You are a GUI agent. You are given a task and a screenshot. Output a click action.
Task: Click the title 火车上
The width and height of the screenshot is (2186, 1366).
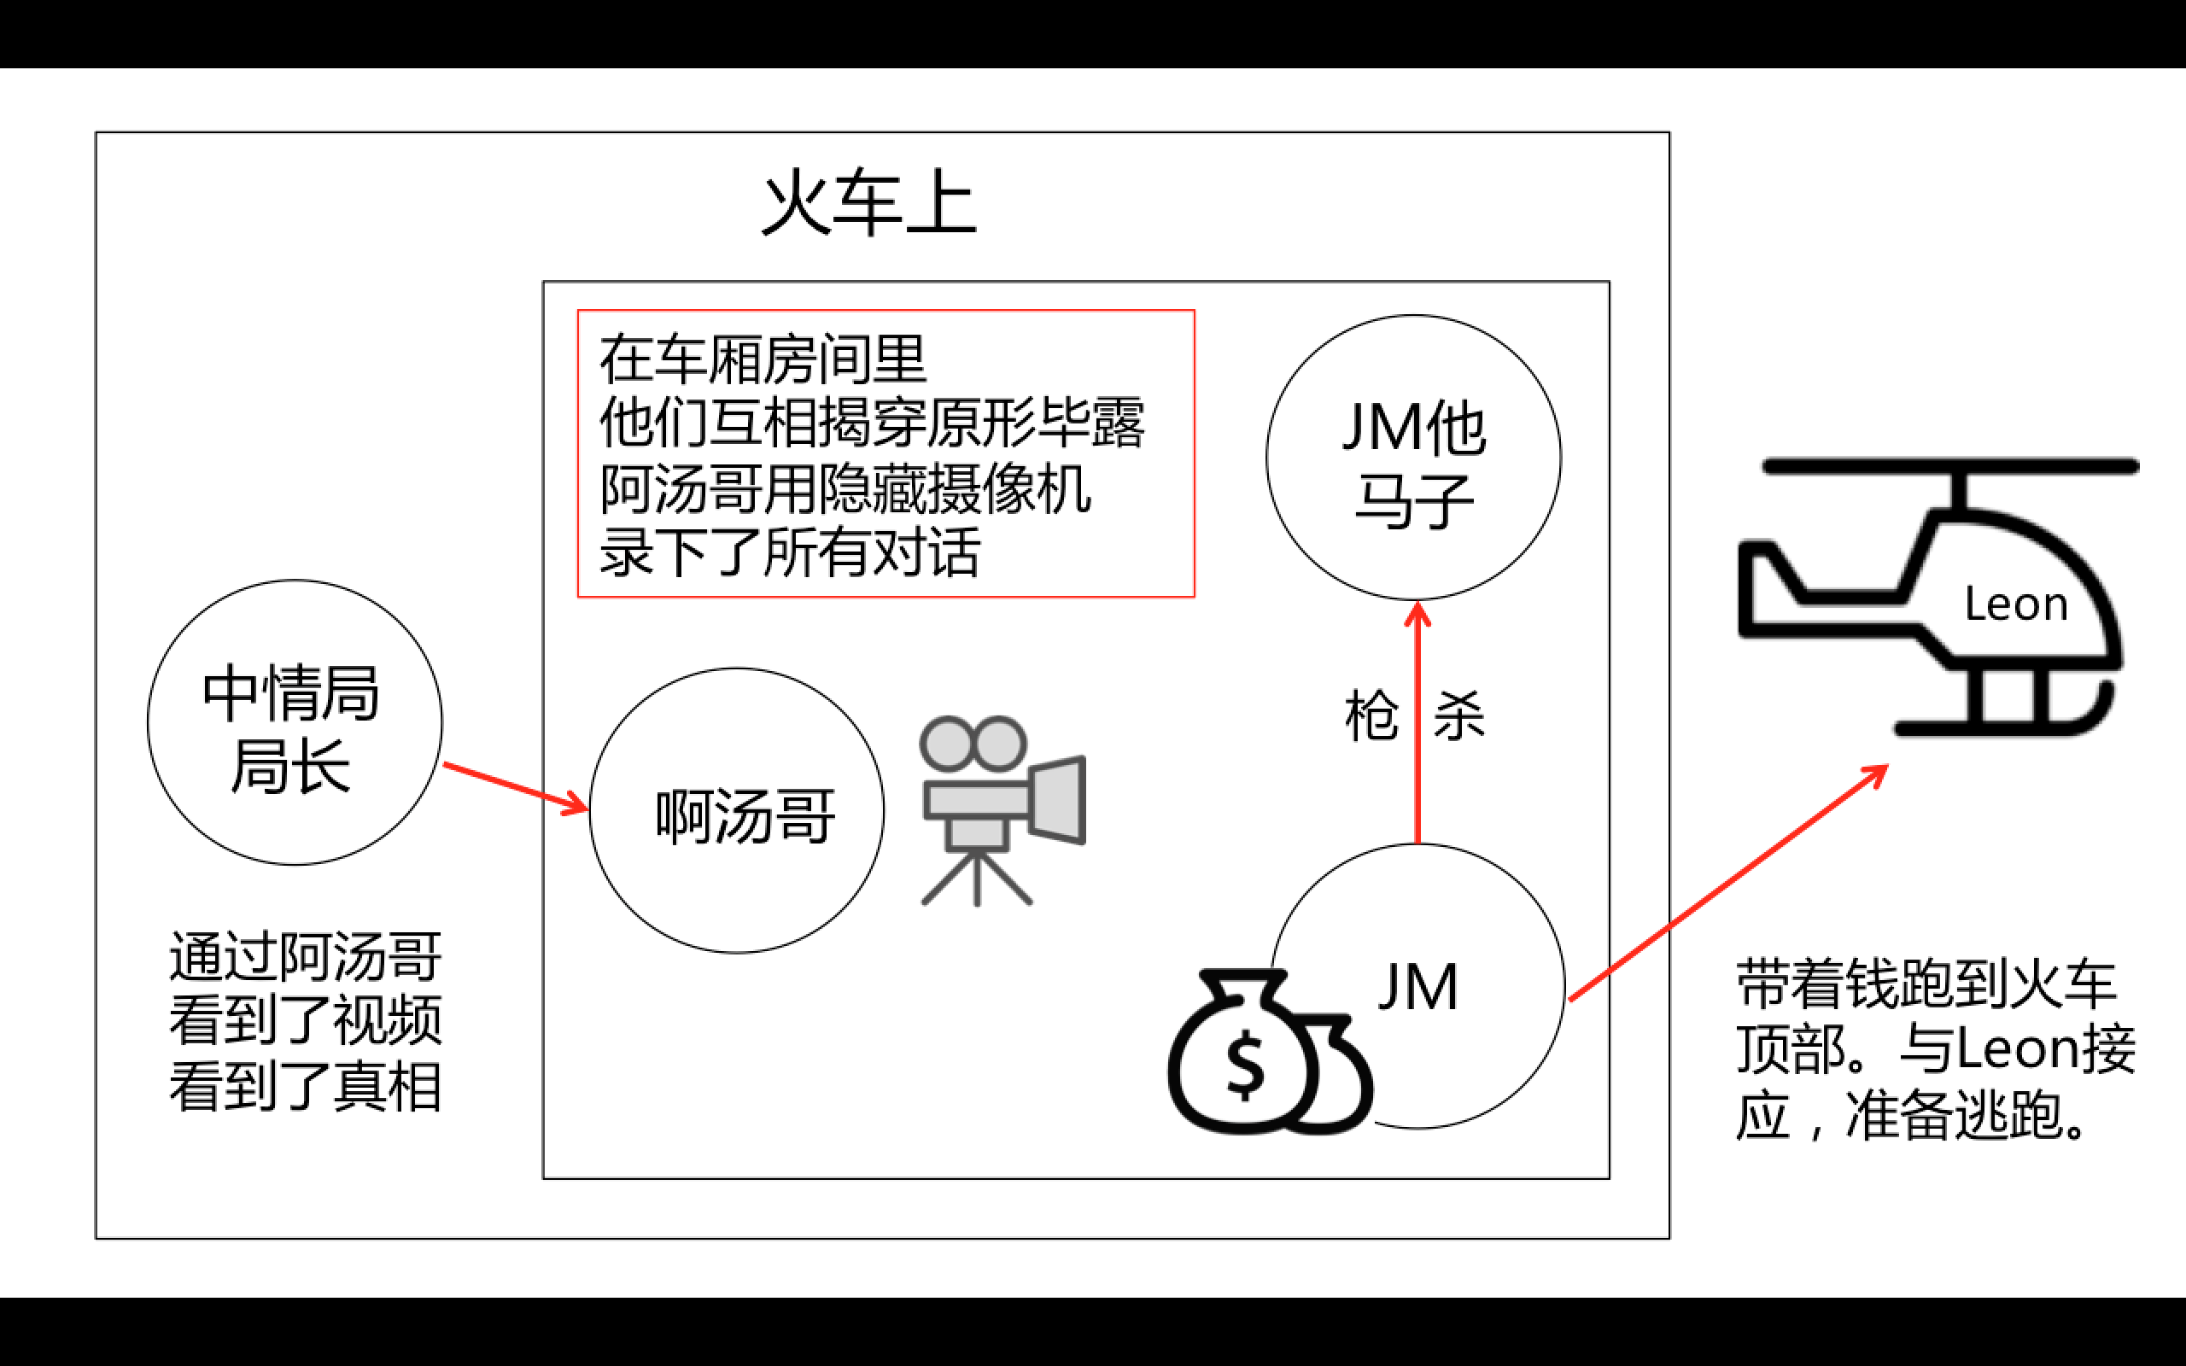click(x=869, y=203)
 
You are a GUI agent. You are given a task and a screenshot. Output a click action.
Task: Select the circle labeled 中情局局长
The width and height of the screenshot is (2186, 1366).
click(x=294, y=723)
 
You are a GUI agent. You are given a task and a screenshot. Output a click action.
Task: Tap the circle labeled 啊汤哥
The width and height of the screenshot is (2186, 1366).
click(x=736, y=811)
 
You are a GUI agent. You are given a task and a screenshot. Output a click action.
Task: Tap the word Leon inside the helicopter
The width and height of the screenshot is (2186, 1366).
click(x=2016, y=604)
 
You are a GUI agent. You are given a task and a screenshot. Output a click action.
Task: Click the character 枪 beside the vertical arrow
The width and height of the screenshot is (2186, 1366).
click(x=1371, y=715)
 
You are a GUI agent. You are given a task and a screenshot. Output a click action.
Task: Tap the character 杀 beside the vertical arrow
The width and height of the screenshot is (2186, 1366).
click(x=1458, y=715)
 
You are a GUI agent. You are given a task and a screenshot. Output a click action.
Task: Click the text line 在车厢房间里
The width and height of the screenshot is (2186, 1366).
click(x=763, y=359)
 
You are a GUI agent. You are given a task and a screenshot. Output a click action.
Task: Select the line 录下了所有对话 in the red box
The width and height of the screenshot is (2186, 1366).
click(x=791, y=552)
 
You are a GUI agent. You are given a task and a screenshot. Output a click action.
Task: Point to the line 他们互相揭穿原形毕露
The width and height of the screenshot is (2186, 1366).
click(x=872, y=423)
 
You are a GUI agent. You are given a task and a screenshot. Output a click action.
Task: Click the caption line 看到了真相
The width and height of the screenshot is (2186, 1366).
click(x=306, y=1086)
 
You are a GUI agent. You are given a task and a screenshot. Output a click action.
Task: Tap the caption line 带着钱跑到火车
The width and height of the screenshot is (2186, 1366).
click(x=1926, y=983)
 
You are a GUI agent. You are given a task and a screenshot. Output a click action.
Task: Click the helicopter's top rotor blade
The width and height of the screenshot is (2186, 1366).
click(x=1951, y=466)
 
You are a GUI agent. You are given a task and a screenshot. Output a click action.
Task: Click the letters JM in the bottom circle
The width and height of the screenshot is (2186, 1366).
click(x=1417, y=987)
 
